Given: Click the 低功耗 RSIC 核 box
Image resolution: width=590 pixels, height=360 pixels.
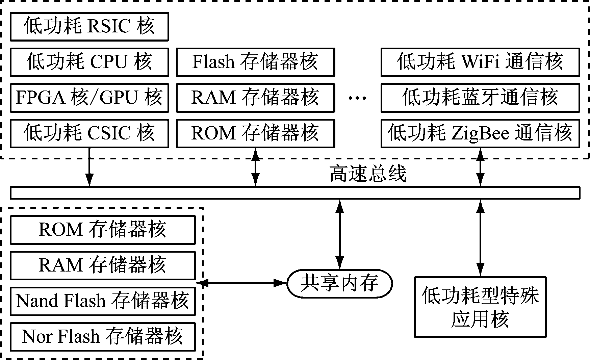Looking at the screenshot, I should [x=89, y=26].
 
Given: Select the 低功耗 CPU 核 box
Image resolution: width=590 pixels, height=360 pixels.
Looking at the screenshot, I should [x=89, y=62].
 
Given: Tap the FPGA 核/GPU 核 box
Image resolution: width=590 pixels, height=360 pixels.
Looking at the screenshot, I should [x=89, y=98].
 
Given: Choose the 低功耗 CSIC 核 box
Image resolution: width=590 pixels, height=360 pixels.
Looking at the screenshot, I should [x=89, y=133].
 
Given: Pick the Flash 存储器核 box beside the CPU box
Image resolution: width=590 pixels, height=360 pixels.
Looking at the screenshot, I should [x=255, y=62].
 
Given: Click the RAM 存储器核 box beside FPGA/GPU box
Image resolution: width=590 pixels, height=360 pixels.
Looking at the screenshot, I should [x=255, y=98].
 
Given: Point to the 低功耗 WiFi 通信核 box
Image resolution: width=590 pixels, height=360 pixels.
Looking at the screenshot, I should [x=480, y=62].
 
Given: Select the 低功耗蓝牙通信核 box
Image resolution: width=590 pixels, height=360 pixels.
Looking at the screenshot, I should [x=480, y=98].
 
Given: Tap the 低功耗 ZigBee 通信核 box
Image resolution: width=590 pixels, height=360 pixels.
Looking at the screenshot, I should [x=480, y=133].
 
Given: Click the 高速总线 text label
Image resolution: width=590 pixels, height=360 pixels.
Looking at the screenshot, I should [x=367, y=174].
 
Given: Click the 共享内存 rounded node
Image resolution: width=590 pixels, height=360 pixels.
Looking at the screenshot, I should [x=339, y=283].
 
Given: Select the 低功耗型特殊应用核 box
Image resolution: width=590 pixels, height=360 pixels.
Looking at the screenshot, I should [x=480, y=307].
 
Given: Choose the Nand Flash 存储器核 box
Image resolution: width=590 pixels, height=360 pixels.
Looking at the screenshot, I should [x=103, y=301].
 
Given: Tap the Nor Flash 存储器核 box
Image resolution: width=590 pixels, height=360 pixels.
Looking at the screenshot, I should [x=103, y=337].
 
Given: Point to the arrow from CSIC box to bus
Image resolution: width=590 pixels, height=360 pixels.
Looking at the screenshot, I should [x=89, y=167].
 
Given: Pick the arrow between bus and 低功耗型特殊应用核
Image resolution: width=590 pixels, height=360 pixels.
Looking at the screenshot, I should [x=480, y=238].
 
